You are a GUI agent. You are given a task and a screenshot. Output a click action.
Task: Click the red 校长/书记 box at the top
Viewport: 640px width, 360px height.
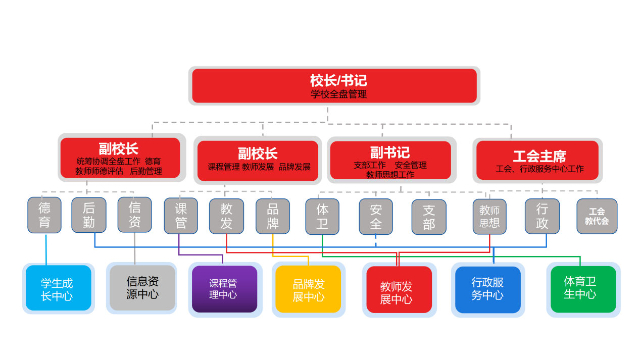334,86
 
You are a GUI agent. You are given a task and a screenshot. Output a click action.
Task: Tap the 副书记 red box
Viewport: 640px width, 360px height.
390,160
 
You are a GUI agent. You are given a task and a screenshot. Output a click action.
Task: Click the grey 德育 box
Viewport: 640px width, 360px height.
44,215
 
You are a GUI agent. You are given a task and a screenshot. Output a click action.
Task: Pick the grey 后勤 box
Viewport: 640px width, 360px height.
89,215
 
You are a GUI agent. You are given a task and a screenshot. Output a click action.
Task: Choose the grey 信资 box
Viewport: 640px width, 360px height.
134,215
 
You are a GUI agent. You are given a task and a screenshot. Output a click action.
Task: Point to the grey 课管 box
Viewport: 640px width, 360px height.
181,216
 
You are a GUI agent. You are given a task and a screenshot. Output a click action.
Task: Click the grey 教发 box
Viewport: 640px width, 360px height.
226,216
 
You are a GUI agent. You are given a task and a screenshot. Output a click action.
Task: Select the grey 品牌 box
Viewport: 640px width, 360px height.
272,216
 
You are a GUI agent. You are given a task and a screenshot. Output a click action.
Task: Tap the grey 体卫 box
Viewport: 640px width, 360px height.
322,217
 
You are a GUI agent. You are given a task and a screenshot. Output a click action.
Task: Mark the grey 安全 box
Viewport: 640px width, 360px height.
376,217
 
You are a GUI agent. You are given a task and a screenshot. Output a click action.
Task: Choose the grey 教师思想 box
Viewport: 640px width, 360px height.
489,217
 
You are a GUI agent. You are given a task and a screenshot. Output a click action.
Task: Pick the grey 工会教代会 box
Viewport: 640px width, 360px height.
597,216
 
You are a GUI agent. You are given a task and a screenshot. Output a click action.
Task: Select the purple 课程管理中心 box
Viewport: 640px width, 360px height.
224,289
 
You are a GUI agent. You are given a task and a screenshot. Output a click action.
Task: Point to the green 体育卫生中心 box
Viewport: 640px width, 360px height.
583,289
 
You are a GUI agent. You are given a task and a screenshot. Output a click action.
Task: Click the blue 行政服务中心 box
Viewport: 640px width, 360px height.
487,289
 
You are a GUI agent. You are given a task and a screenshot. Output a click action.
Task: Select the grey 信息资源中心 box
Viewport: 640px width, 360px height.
142,288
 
